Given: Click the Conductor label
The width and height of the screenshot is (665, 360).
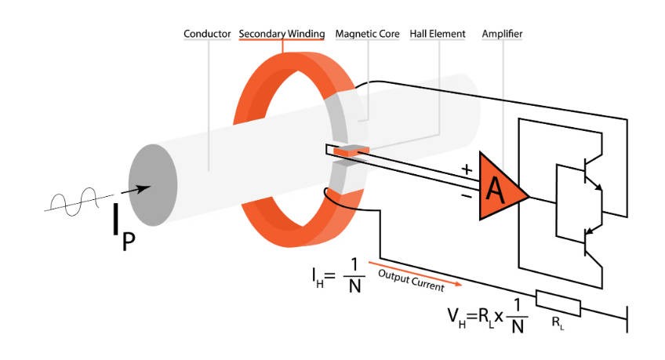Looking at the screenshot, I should click(207, 34).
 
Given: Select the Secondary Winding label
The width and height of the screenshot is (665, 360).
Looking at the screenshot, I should click(281, 34).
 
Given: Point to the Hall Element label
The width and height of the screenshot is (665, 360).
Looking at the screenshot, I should click(438, 34).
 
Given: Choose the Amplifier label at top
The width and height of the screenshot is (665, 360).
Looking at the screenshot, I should click(503, 34).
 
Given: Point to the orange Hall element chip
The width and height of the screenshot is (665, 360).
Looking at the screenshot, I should click(345, 151).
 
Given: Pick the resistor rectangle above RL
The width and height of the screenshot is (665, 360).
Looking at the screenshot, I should click(558, 303).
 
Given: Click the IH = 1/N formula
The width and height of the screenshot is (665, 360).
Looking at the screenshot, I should click(336, 276).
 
